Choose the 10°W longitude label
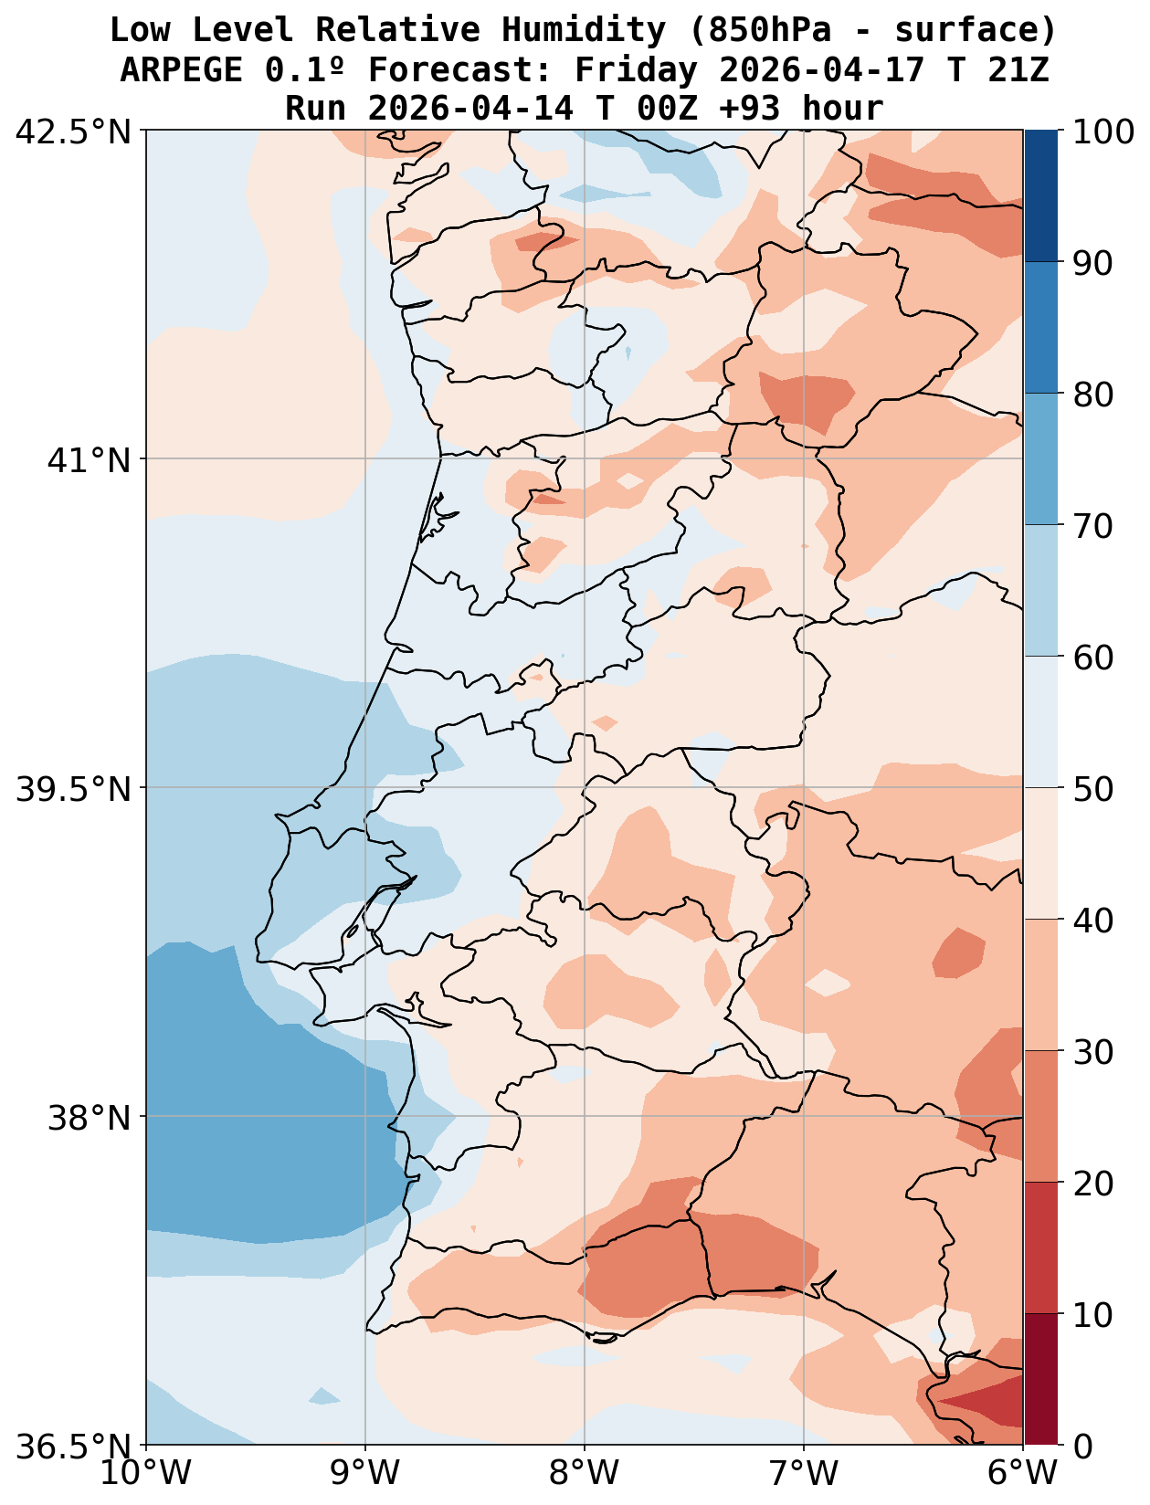click(x=146, y=1474)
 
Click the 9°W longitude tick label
click(x=365, y=1474)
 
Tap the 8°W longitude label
click(x=585, y=1474)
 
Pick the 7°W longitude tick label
click(x=804, y=1474)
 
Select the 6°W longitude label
click(x=1022, y=1474)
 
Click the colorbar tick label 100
click(x=1103, y=132)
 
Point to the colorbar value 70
click(x=1092, y=526)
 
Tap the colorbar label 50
click(x=1092, y=789)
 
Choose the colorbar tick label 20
click(x=1092, y=1184)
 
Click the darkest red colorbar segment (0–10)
click(x=1040, y=1379)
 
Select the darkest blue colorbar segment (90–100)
click(x=1040, y=196)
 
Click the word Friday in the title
click(x=635, y=69)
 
